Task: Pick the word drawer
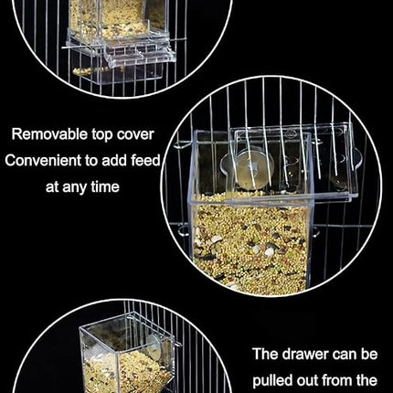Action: [x=321, y=354]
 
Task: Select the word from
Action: [x=341, y=379]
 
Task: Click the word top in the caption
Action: [x=99, y=134]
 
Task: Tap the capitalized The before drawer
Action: [x=271, y=354]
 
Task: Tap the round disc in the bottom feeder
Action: [x=154, y=347]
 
